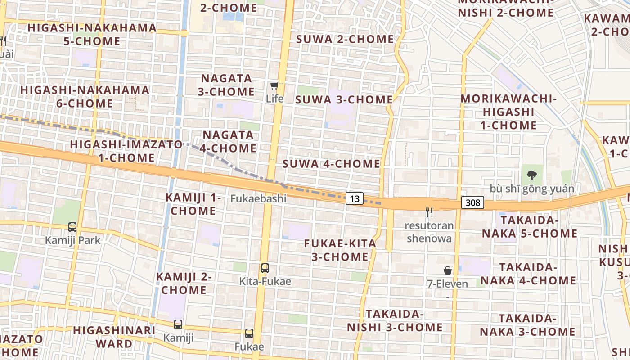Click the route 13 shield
pyautogui.click(x=355, y=198)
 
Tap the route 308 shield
pyautogui.click(x=472, y=202)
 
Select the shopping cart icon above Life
pyautogui.click(x=274, y=85)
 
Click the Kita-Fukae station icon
pyautogui.click(x=265, y=268)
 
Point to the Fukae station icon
pyautogui.click(x=249, y=333)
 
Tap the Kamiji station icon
pyautogui.click(x=178, y=324)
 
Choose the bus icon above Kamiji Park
pyautogui.click(x=72, y=227)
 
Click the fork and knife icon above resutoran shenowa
pyautogui.click(x=429, y=212)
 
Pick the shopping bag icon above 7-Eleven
pyautogui.click(x=448, y=270)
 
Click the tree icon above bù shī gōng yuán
pyautogui.click(x=532, y=175)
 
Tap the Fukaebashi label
pyautogui.click(x=259, y=198)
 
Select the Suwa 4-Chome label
pyautogui.click(x=331, y=164)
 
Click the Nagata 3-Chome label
pyautogui.click(x=227, y=85)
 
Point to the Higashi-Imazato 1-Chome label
pyautogui.click(x=126, y=151)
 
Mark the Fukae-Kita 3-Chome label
pyautogui.click(x=340, y=250)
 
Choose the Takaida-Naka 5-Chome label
pyautogui.click(x=530, y=227)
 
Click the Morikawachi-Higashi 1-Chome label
pyautogui.click(x=508, y=112)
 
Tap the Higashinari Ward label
pyautogui.click(x=114, y=337)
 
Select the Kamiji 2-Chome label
pyautogui.click(x=184, y=283)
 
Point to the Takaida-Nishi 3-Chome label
pyautogui.click(x=395, y=320)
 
